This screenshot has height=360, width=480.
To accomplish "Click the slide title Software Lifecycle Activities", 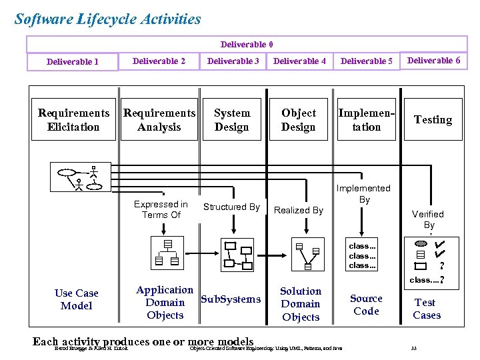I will (107, 19).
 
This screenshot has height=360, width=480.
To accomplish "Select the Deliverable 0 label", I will (246, 45).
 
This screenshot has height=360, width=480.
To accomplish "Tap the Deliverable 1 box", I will (73, 62).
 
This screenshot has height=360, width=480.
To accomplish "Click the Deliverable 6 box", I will (433, 61).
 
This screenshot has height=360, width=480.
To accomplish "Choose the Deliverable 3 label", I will (233, 61).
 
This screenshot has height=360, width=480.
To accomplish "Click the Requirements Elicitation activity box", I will (73, 120).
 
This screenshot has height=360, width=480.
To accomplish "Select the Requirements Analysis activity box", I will (159, 120).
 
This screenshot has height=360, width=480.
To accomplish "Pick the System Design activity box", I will (232, 120).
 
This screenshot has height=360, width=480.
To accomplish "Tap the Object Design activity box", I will (298, 120).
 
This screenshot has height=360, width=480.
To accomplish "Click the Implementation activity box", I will (366, 120).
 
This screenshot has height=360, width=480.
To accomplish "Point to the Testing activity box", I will (433, 120).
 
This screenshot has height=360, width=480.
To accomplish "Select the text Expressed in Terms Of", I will (161, 209).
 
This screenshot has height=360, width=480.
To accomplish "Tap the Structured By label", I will (231, 207).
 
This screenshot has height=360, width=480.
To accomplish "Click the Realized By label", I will (298, 210).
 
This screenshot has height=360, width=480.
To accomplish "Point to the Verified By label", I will (427, 219).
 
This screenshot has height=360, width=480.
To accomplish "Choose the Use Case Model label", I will (76, 299).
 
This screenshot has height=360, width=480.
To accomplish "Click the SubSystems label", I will (231, 299).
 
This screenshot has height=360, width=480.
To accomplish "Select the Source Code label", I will (366, 305).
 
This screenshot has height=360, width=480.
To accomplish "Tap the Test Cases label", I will (426, 309).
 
